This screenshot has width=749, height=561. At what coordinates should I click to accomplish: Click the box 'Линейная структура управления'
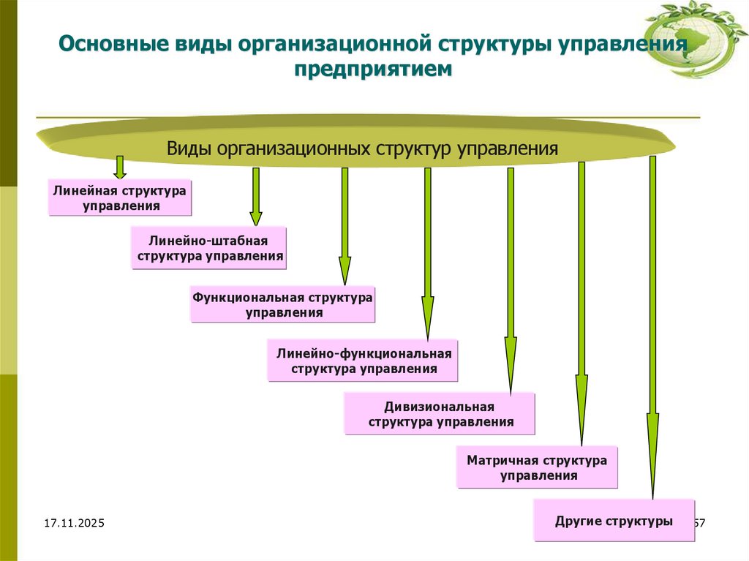coord(120,197)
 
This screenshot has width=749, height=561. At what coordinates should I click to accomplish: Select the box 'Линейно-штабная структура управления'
coord(208,248)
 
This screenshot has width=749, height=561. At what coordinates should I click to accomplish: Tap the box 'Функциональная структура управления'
coord(282,304)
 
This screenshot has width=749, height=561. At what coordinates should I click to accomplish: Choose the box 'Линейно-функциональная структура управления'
coord(363,361)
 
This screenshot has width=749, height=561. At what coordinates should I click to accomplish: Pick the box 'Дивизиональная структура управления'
coord(440,414)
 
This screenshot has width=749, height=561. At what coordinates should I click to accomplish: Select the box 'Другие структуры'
coord(614,521)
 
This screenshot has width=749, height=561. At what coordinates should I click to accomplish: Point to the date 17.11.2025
coord(74,524)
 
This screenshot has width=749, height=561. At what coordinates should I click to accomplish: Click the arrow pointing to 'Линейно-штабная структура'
coord(255,196)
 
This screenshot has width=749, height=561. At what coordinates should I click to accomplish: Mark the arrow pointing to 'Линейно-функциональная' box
coord(428,252)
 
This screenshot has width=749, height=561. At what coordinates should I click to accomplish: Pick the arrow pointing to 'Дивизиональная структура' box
coord(511,278)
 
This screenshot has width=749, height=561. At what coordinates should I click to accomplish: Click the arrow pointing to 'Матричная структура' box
coord(581,304)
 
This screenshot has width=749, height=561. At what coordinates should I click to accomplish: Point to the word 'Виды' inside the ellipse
coord(189,148)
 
